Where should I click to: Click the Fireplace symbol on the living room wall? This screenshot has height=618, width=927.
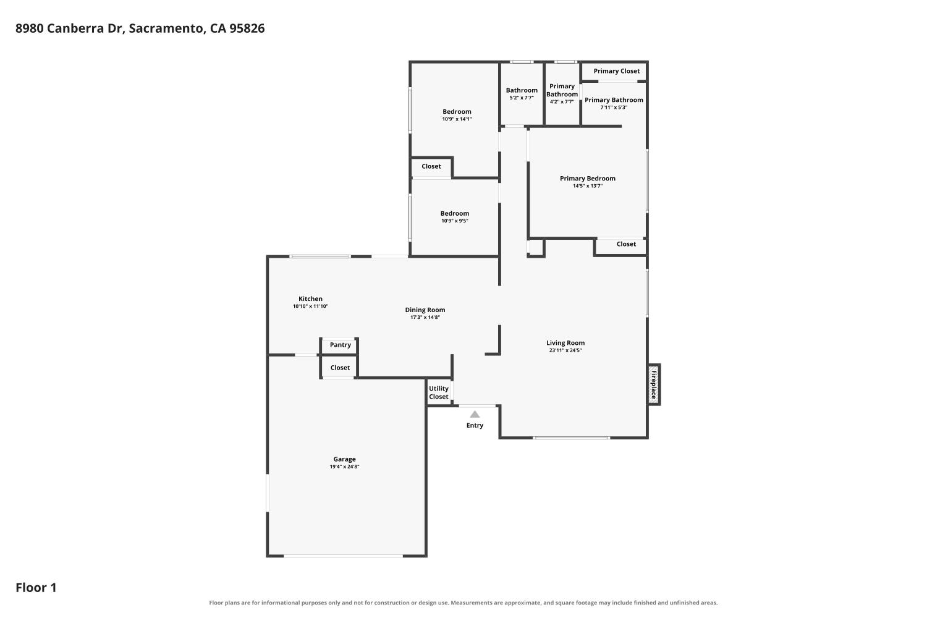[x=654, y=384]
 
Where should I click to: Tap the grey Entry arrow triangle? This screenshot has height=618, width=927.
[x=475, y=414]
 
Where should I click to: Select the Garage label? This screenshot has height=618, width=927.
[x=344, y=459]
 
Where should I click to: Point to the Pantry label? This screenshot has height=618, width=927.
[x=340, y=345]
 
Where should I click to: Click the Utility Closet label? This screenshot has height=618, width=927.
[x=439, y=392]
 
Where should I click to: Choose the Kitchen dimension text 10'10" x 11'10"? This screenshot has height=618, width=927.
[x=310, y=307]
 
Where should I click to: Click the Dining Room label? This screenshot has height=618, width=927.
[x=425, y=310]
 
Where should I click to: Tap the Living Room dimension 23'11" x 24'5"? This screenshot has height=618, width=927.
[x=565, y=350]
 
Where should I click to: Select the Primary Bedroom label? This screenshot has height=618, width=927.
[x=588, y=179]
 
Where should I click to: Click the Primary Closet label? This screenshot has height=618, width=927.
[x=617, y=71]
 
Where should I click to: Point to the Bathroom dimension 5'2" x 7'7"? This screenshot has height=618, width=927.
[x=522, y=98]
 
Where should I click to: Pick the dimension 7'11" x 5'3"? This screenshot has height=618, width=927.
[x=614, y=107]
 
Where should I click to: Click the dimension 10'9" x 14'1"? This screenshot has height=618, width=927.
[x=457, y=119]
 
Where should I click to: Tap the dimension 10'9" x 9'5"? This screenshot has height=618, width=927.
[x=455, y=221]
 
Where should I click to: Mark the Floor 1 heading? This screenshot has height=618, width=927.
[x=36, y=588]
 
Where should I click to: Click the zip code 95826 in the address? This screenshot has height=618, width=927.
[x=247, y=28]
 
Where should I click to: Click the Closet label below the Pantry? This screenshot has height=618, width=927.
[x=340, y=368]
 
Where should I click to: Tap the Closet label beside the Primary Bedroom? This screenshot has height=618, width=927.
[x=626, y=244]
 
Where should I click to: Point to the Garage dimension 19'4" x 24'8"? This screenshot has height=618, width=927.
[x=344, y=467]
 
